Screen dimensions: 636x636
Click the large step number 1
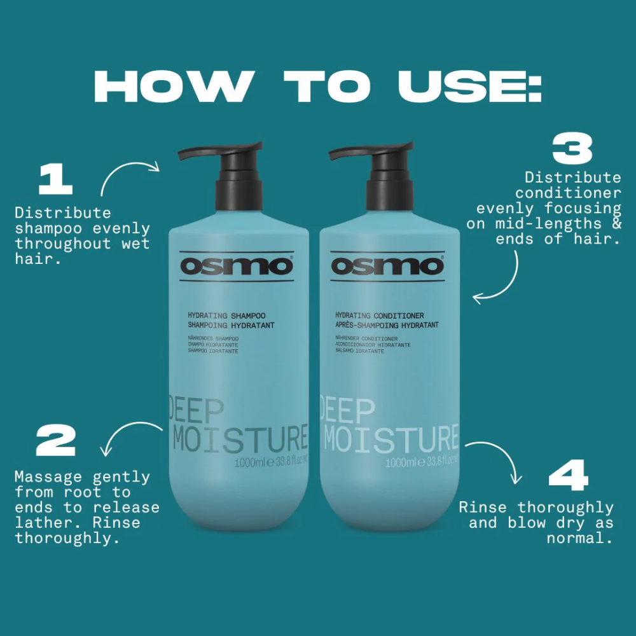pos(55,179)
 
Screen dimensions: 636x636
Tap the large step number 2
pos(56,440)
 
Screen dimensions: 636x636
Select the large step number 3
pos(572,150)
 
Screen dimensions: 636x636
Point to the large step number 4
pos(569,476)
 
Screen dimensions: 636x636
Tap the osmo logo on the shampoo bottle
pos(236,265)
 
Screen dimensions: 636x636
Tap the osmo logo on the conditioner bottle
pos(387,265)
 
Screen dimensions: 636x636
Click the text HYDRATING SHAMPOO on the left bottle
pos(226,315)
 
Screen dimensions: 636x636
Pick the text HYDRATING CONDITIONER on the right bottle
pos(380,315)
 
